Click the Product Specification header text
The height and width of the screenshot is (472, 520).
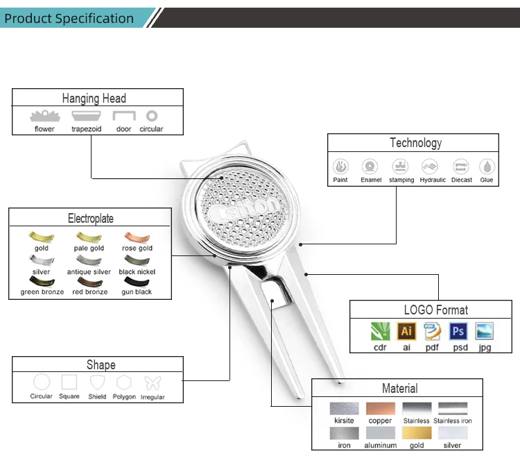(69, 19)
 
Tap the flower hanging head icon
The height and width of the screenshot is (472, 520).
(44, 116)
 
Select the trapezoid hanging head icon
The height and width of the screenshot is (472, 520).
(86, 116)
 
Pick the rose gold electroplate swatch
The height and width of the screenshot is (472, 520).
(137, 237)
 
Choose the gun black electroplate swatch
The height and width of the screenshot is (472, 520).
(137, 282)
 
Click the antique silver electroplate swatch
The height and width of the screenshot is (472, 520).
(89, 260)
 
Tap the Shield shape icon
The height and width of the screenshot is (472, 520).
(97, 382)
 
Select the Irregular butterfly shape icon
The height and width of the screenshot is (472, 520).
(153, 382)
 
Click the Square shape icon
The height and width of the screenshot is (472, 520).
(69, 382)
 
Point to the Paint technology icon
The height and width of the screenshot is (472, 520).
(340, 167)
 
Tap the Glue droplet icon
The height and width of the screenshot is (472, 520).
(487, 167)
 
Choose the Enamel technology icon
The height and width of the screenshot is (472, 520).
(370, 167)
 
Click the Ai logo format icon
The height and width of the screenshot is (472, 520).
(407, 331)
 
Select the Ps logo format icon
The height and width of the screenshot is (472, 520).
(458, 331)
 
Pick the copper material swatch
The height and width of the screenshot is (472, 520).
(380, 409)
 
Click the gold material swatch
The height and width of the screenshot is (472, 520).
(417, 433)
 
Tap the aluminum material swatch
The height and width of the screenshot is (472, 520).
(380, 433)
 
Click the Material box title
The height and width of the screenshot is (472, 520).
(399, 388)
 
